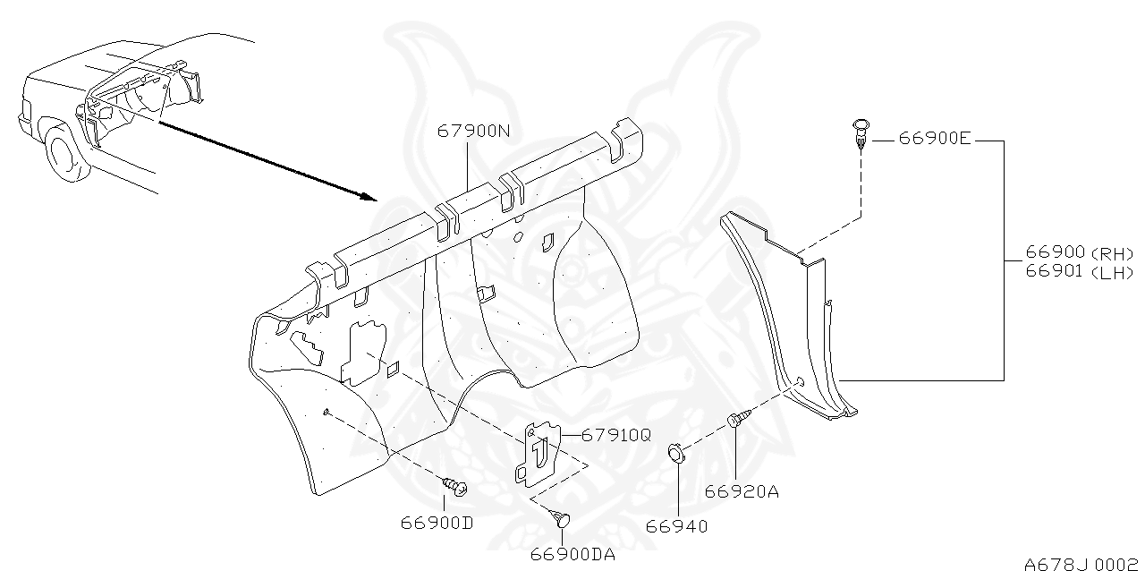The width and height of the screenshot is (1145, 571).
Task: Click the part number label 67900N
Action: [473, 131]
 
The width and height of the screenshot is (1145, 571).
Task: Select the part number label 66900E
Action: [934, 139]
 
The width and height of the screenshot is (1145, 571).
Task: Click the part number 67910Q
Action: [616, 435]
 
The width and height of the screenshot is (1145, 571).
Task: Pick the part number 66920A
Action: [741, 490]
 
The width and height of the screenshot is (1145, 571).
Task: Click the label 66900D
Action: [437, 523]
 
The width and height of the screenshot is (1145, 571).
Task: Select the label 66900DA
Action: [572, 554]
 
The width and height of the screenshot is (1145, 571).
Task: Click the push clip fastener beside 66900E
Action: [860, 132]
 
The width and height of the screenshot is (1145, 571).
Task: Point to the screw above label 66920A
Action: [735, 419]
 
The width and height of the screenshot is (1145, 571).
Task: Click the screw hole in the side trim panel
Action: [801, 382]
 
